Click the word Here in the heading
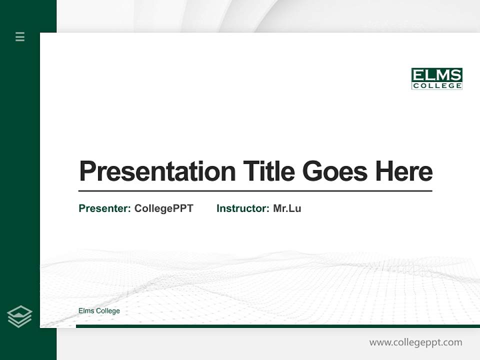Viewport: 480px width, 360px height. pos(404,171)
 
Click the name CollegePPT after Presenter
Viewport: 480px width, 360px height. pos(163,208)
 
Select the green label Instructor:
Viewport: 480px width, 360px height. pos(243,208)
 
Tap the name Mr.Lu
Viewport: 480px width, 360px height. pos(287,208)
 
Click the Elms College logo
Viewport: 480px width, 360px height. pos(436,79)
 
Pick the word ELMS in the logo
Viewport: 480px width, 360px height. pos(436,75)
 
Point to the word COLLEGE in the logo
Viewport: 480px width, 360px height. pos(436,86)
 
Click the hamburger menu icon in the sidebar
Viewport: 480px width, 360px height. pos(20,36)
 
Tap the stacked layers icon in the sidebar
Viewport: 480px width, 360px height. pos(20,316)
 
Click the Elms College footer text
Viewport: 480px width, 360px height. pos(99,311)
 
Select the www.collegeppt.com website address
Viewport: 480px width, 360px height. pos(415,342)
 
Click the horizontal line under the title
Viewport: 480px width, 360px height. pos(255,191)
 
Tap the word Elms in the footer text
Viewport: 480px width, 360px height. pos(86,311)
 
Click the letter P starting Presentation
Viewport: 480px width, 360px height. pos(87,171)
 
